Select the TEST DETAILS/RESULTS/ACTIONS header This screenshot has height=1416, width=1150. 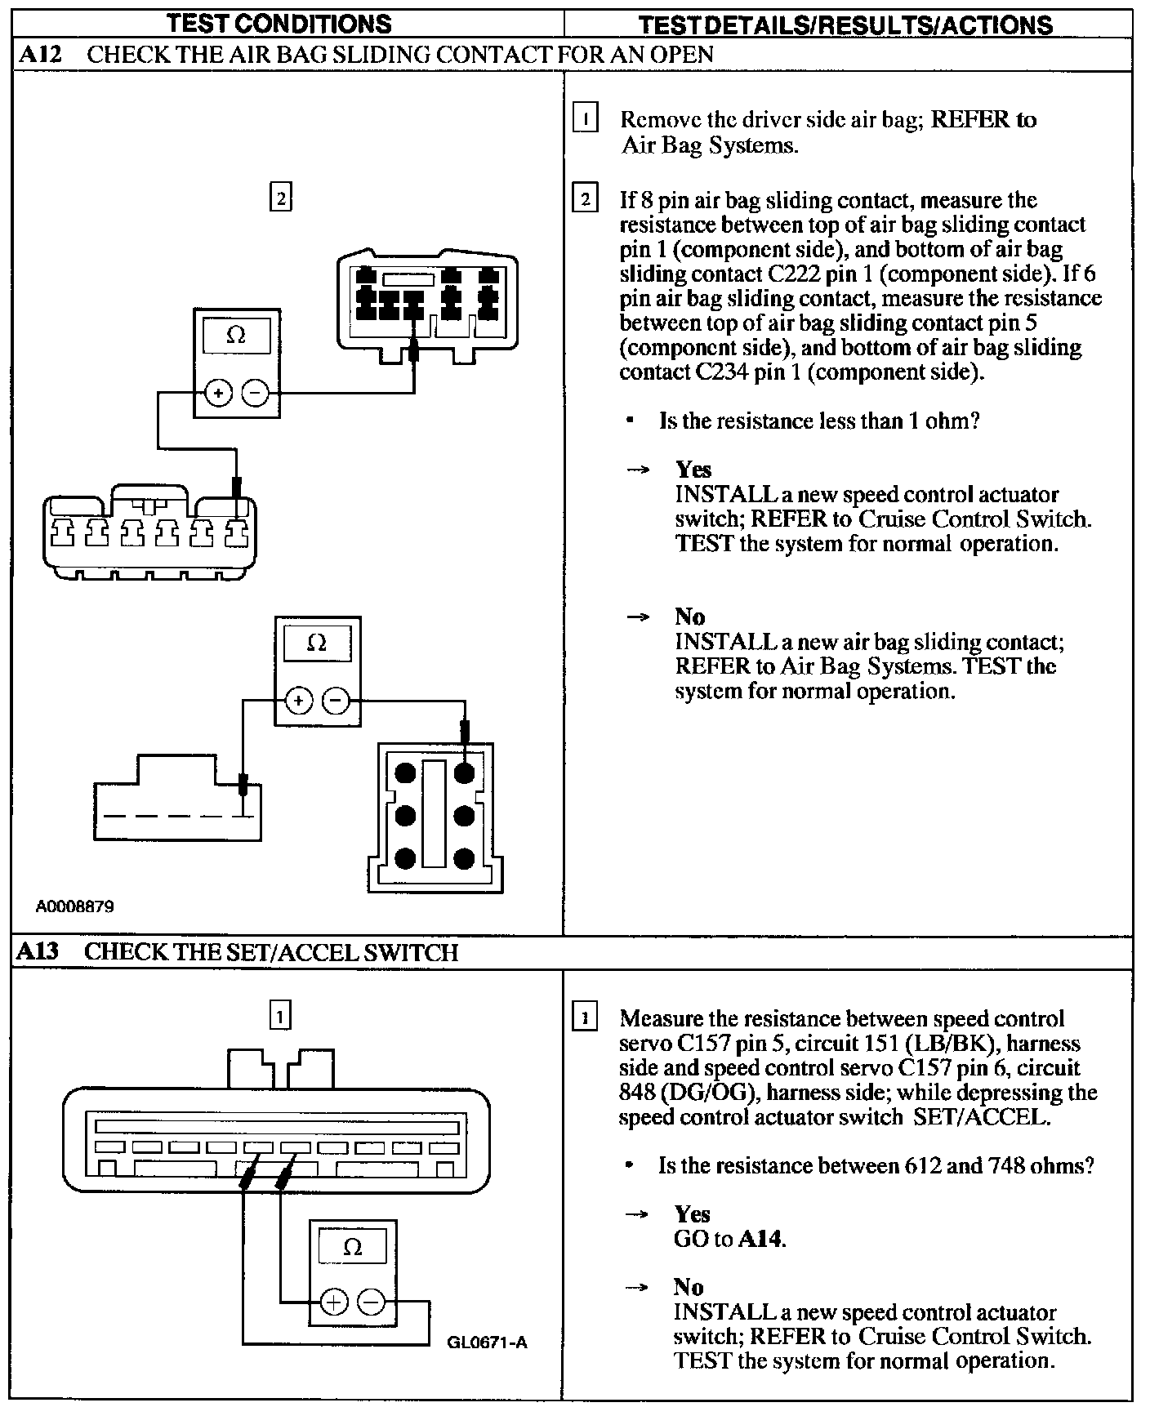[x=845, y=25]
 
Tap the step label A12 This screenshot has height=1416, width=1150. [x=38, y=55]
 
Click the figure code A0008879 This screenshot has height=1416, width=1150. [x=75, y=906]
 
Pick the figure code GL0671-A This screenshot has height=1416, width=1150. [x=488, y=1343]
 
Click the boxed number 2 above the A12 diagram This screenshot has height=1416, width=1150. [x=280, y=198]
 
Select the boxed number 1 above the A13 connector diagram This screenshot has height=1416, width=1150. [x=280, y=1016]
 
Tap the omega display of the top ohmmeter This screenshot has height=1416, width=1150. [x=236, y=335]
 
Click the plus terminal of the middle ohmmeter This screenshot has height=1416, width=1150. [x=298, y=700]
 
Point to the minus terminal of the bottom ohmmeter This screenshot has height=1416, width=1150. [x=372, y=1301]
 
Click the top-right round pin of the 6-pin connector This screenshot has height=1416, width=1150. [x=465, y=773]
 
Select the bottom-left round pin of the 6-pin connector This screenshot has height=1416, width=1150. [x=405, y=858]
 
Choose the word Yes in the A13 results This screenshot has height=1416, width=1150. [x=692, y=1214]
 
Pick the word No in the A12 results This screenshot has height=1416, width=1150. [x=690, y=617]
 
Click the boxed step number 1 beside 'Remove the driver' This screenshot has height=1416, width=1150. [x=586, y=119]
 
